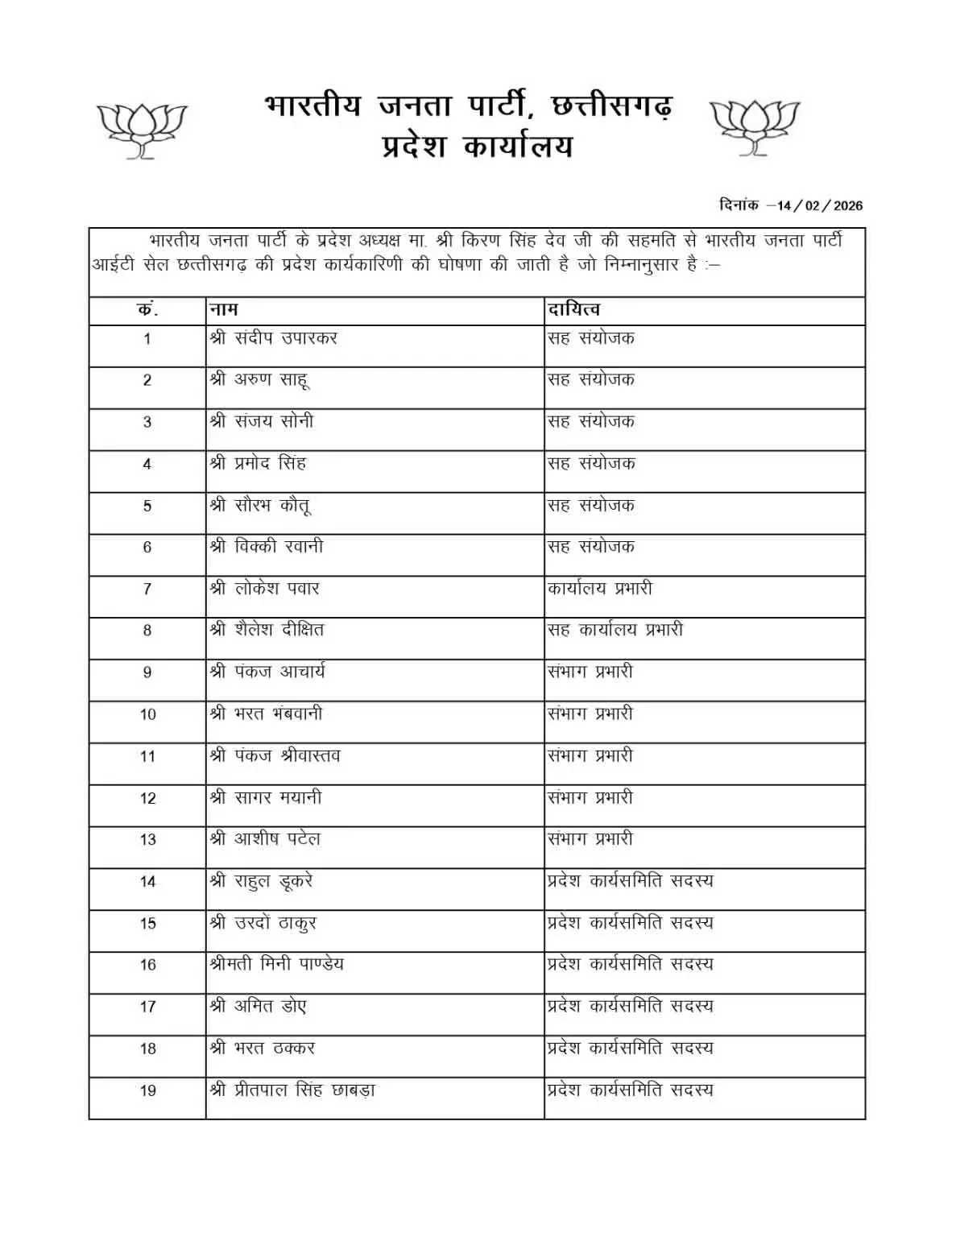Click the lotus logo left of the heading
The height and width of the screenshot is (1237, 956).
point(142,130)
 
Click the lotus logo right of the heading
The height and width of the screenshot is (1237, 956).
point(755,126)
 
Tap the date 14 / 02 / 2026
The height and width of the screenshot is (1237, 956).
point(819,205)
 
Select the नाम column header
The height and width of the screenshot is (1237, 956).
point(223,310)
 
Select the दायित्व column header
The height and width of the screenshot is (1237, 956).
point(573,310)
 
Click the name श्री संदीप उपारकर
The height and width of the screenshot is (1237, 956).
point(273,338)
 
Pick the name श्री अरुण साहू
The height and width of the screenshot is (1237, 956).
point(259,380)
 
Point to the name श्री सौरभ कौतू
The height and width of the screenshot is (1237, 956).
point(259,506)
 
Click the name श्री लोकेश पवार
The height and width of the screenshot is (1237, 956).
point(264,589)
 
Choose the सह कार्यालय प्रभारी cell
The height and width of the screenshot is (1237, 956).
point(615,630)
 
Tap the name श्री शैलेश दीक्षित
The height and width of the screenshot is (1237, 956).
point(267,630)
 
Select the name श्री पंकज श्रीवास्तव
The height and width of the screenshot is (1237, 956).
point(275,755)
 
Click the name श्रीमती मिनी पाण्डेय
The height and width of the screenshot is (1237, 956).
point(276,964)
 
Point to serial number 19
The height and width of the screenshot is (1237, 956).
point(147,1090)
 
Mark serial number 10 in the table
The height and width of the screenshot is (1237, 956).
point(147,714)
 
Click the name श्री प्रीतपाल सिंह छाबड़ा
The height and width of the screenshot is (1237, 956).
point(292,1090)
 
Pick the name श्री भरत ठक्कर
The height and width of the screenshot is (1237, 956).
point(262,1049)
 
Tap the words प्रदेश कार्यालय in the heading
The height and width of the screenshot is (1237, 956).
point(477,147)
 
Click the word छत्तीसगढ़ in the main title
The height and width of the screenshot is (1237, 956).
point(610,106)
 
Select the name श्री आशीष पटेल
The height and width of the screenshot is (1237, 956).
point(265,839)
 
